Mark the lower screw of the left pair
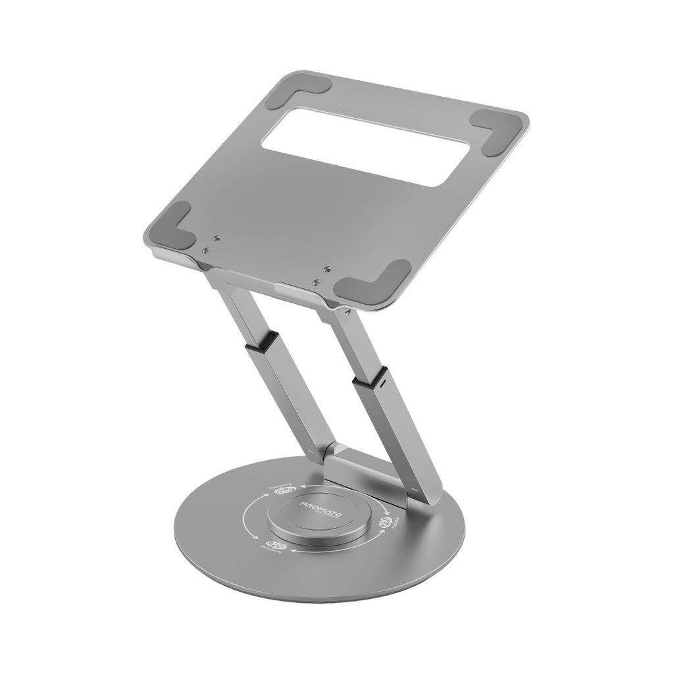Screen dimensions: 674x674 [x=206, y=250]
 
